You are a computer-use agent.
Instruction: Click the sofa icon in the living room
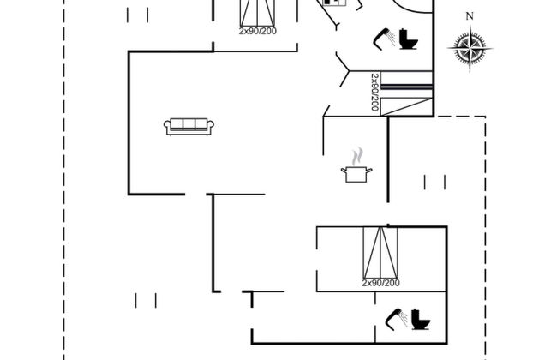coord(189,127)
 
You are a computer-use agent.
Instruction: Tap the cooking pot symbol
coord(356,174)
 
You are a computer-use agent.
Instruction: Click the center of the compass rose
coord(470,48)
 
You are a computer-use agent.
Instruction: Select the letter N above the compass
coord(470,16)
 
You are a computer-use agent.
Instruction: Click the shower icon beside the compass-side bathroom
coord(384,39)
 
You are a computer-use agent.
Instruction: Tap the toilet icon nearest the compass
coord(409,39)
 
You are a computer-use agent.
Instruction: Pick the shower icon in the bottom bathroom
coord(397,319)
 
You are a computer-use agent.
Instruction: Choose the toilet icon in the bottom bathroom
coord(421,319)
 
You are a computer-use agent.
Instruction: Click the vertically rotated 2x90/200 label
coord(374,92)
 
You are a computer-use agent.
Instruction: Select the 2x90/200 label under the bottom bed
coord(380,283)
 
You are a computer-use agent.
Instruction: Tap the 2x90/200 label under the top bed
coord(258,31)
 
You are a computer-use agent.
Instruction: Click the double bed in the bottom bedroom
coord(380,253)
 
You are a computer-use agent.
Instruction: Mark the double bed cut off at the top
coord(258,13)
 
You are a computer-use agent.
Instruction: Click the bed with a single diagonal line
coord(406,106)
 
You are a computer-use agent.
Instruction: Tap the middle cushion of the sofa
coord(189,123)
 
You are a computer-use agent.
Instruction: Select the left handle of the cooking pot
coord(344,171)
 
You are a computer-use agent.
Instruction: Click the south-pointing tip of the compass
coord(470,71)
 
